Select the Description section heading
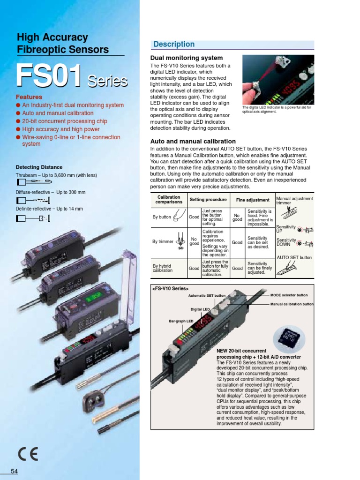click(174, 45)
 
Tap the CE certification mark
click(28, 453)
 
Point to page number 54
click(14, 471)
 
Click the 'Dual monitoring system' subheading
click(180, 58)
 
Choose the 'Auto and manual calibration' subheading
click(193, 141)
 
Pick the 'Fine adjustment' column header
click(253, 200)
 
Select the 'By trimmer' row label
click(163, 242)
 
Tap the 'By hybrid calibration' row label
click(163, 268)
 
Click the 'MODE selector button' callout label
click(289, 295)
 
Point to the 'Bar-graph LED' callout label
click(181, 321)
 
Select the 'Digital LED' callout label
click(200, 309)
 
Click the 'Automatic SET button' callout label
click(207, 296)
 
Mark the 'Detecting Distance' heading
click(39, 167)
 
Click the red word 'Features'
click(29, 97)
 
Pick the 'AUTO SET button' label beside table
click(294, 258)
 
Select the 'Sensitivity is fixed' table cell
click(260, 217)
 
